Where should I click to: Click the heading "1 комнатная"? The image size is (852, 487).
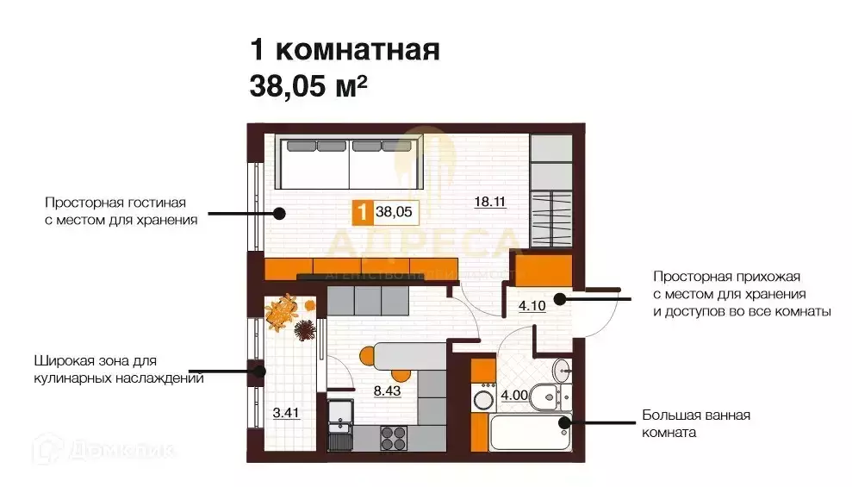click(x=345, y=49)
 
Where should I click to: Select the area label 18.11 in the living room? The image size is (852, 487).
click(x=488, y=202)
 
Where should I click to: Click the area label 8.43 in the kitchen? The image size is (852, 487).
click(x=387, y=390)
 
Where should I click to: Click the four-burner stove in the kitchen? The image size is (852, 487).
click(x=394, y=436)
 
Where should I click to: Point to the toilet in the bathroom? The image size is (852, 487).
click(x=547, y=397)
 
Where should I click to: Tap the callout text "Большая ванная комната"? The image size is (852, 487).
click(x=695, y=424)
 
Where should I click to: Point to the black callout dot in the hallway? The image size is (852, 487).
click(x=559, y=299)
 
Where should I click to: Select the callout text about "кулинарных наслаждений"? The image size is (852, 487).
click(x=119, y=369)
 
